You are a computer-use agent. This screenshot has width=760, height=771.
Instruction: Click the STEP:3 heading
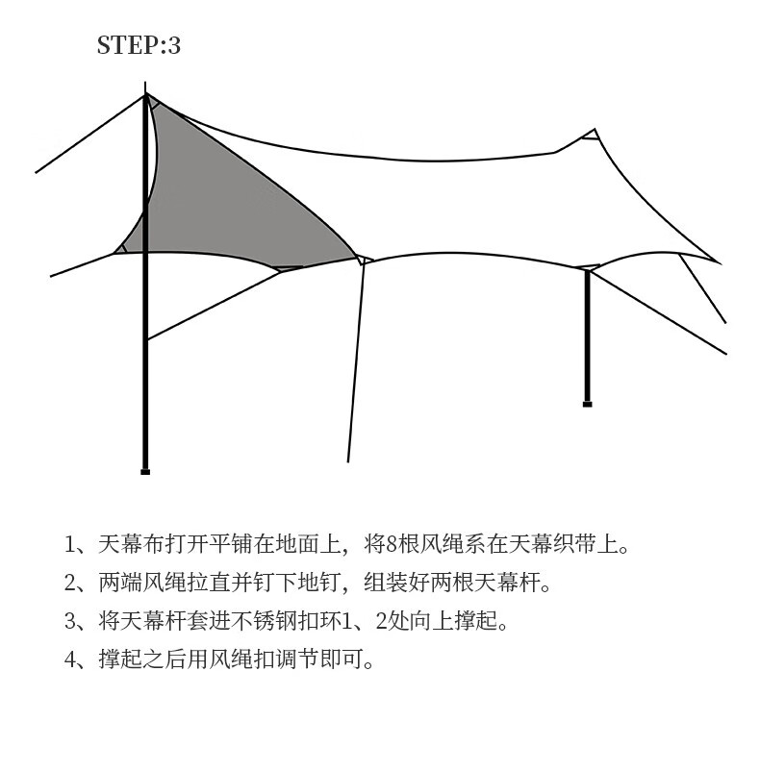[x=139, y=45]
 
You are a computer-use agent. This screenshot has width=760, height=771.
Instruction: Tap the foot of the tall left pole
[x=145, y=471]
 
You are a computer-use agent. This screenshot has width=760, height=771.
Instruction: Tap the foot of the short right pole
[x=587, y=404]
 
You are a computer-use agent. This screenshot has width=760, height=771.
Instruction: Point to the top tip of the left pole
[x=146, y=95]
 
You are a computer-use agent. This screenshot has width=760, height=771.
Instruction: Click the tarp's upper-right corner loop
[x=593, y=134]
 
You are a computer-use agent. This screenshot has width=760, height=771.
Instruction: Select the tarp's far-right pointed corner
[x=717, y=261]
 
